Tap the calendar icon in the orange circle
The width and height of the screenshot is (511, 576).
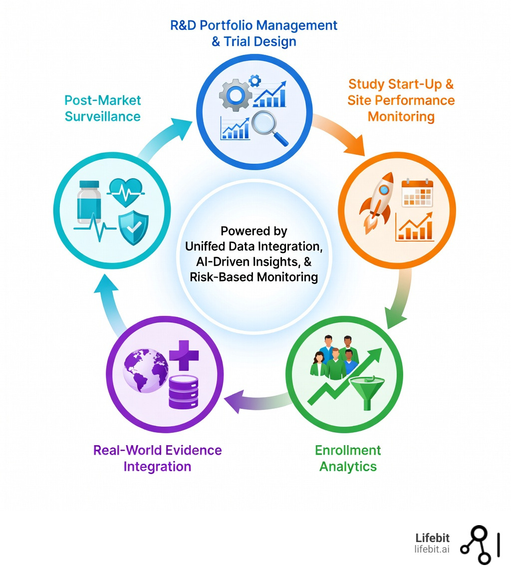coord(417,192)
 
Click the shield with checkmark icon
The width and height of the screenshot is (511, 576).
coord(133,228)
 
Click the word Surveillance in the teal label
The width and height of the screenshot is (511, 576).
coord(103,116)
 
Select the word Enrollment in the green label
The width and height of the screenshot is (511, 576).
coord(348,450)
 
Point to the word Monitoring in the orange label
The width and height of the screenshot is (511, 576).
coord(401,117)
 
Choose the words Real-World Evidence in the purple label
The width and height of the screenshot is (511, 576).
coord(157,450)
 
